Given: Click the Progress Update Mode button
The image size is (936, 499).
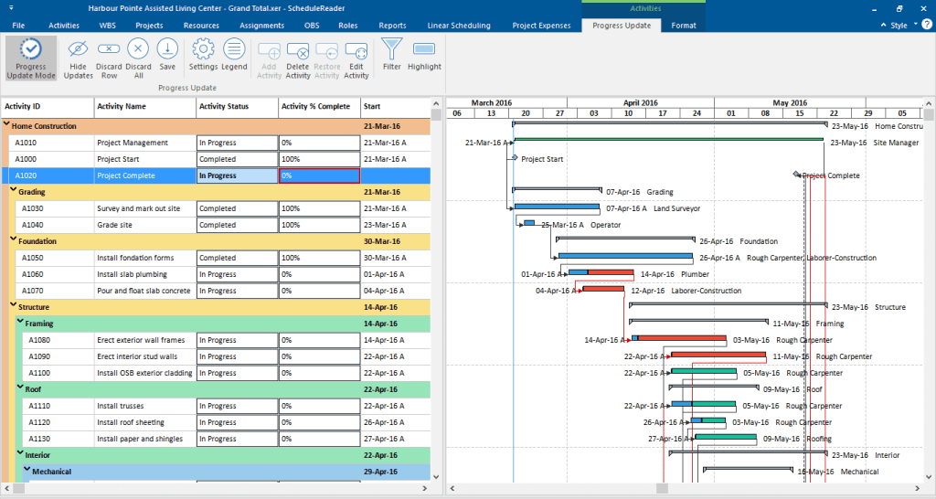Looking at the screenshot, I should (x=30, y=58).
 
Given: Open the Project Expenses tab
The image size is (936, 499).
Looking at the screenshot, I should (x=541, y=26).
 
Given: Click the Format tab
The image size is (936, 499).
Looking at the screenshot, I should (x=683, y=26).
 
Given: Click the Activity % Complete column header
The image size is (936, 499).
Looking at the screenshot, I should (x=315, y=106).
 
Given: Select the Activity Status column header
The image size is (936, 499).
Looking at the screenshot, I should (x=224, y=106).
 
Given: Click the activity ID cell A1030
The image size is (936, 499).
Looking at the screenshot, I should (x=33, y=208).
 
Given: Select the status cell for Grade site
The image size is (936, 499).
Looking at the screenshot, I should (x=237, y=225).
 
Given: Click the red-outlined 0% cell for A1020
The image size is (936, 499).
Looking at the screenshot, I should (x=319, y=175).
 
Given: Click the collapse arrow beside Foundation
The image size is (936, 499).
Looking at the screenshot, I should (x=14, y=241).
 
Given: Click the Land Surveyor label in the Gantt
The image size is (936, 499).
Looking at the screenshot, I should (x=676, y=208).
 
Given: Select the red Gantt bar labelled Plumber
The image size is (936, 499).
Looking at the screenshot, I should (x=610, y=273).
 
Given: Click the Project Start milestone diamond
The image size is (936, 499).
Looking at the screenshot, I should (x=515, y=158).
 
